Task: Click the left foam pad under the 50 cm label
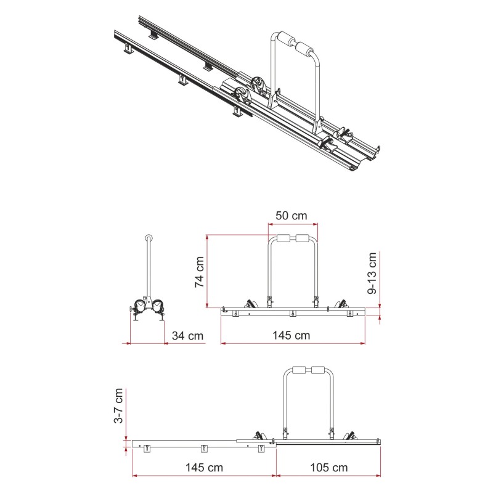point(284,239)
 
